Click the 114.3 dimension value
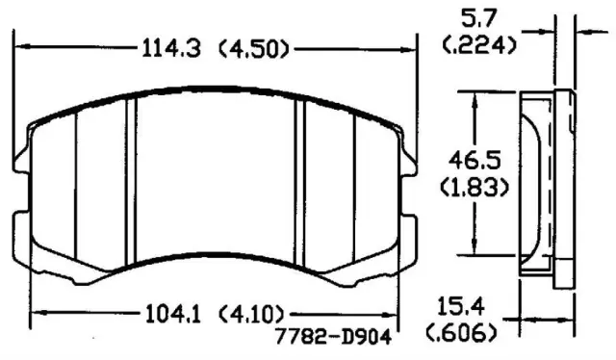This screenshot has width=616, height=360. tap(171, 49)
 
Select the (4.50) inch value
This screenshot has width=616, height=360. tap(253, 49)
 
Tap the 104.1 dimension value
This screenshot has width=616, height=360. tap(173, 314)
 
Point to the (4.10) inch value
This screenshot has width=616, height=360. tap(251, 314)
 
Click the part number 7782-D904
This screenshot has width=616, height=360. tap(333, 337)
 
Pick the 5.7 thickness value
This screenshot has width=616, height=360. tap(479, 18)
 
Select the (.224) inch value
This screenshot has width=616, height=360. tap(479, 45)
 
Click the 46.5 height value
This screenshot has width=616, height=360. tap(475, 160)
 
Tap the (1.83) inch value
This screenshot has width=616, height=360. tap(475, 187)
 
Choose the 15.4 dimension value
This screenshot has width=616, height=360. tap(460, 306)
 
